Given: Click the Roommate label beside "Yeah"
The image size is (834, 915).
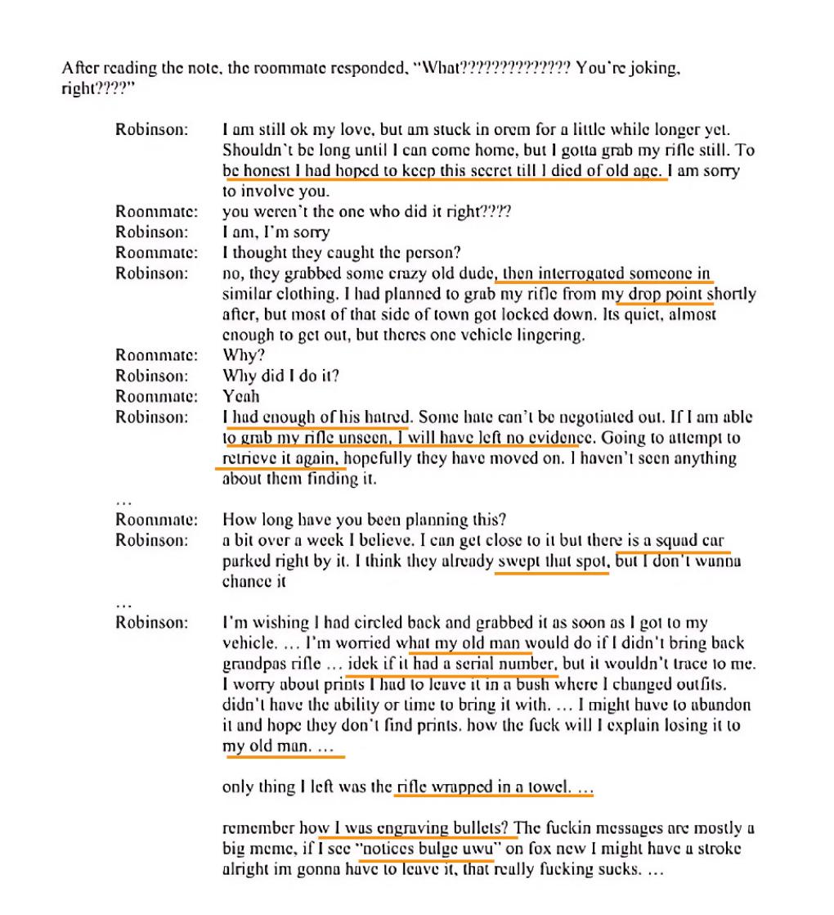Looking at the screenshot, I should coord(156,396).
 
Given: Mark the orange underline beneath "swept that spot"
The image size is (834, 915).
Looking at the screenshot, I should coord(552,573).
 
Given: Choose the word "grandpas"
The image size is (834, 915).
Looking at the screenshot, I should coord(252,663).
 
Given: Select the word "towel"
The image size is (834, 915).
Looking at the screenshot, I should coord(546,787).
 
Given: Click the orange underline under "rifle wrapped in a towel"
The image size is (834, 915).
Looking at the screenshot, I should coord(494,796).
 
